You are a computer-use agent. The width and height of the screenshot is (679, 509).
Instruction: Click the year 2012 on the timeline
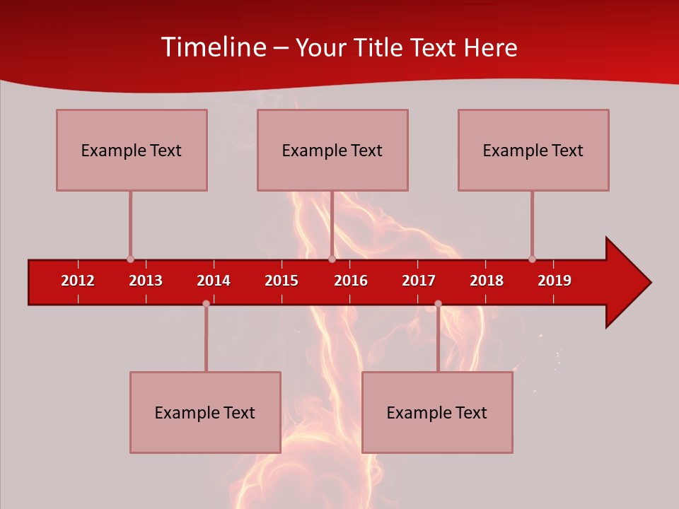tap(78, 281)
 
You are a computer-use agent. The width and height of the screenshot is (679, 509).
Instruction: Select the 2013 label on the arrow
tap(146, 281)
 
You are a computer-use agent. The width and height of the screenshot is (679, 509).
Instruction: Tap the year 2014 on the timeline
tap(214, 281)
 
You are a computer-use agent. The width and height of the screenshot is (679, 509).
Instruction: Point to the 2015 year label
tap(282, 281)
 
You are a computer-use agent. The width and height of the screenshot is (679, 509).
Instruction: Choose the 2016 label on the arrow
tap(351, 281)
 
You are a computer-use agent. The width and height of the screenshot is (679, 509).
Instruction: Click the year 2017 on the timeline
tap(419, 281)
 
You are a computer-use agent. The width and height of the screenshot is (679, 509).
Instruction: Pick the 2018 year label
tap(487, 281)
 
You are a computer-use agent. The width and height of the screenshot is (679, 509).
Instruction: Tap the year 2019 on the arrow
tap(555, 281)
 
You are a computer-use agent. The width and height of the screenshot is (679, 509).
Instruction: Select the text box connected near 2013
tap(132, 150)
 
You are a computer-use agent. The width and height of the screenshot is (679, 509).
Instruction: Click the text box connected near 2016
tap(332, 150)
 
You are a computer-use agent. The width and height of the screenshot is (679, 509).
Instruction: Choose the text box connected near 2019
tap(533, 150)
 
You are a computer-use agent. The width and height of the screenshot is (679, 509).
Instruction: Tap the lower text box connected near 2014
tap(205, 412)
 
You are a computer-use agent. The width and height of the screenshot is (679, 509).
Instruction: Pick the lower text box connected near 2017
tap(437, 412)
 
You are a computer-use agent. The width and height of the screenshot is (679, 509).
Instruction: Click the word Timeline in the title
tap(213, 47)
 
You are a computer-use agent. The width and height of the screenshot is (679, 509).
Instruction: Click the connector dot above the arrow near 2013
tap(130, 259)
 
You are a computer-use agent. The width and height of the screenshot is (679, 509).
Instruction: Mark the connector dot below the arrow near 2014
tap(206, 303)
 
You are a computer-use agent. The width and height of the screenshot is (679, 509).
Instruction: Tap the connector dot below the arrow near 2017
tap(438, 303)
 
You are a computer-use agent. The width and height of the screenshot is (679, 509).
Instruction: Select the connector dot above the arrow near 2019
tap(532, 259)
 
